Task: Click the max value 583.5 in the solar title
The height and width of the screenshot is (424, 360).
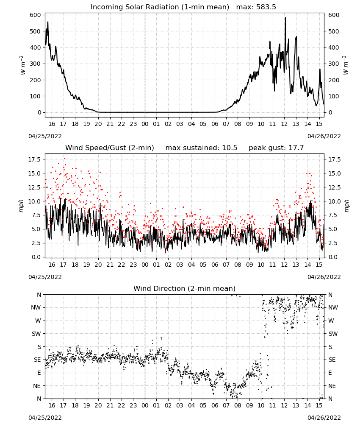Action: [266, 7]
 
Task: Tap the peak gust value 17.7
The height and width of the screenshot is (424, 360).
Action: [296, 148]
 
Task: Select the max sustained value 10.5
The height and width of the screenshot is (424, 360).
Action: [230, 148]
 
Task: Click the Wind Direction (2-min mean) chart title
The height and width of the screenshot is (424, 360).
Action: [185, 288]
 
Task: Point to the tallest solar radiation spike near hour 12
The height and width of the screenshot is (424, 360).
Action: [285, 17]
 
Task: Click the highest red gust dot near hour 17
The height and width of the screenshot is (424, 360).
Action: [64, 159]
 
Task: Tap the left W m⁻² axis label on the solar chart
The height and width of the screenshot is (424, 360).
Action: [23, 65]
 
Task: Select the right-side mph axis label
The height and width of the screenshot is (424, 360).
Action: [346, 206]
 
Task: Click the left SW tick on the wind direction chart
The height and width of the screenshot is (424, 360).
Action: [36, 334]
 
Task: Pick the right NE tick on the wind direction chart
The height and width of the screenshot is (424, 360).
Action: [332, 386]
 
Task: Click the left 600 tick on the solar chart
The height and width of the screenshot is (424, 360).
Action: [36, 15]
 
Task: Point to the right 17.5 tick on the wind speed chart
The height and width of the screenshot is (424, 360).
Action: [334, 159]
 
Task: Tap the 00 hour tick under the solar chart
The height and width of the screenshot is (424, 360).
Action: [145, 124]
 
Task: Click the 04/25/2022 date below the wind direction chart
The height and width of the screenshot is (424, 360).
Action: [45, 418]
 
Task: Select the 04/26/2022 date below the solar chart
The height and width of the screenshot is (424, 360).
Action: [324, 136]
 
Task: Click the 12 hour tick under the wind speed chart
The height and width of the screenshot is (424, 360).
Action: [284, 265]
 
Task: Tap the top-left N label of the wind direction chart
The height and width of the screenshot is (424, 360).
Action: [39, 295]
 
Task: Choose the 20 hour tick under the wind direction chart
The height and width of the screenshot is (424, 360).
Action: [98, 405]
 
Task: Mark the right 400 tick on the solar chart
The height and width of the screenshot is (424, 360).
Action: [334, 47]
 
